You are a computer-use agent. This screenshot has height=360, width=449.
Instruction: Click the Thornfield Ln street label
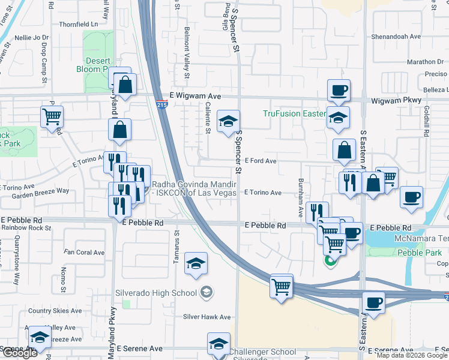78,25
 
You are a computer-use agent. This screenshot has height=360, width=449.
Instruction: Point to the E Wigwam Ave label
196,96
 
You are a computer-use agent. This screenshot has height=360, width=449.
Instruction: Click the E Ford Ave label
260,161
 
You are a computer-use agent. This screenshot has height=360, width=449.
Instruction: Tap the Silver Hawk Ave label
207,317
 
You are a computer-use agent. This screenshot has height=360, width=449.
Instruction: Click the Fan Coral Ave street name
84,253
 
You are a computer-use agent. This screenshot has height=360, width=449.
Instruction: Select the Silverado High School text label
156,293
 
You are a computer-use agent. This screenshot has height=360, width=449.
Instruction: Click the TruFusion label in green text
294,114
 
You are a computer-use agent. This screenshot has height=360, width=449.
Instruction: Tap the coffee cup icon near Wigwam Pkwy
339,90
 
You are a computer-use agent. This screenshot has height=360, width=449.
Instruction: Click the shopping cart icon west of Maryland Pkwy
52,116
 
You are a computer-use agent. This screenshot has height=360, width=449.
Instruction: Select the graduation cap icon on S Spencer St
228,121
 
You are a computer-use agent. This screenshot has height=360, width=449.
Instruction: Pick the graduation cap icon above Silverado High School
196,263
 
